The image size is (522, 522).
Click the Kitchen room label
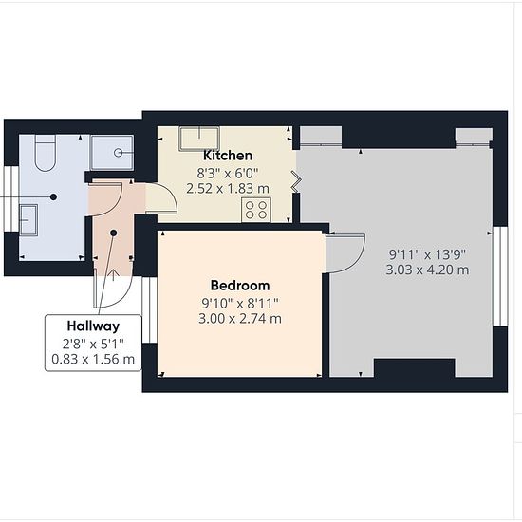pos(228,156)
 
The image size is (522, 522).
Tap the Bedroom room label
pos(240,286)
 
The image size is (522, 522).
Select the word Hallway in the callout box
pos(93,326)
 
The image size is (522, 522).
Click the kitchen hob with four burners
pos(256,210)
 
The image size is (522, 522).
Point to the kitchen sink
pos(199,139)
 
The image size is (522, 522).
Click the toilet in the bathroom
pos(46,153)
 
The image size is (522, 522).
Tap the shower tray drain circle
pos(119,153)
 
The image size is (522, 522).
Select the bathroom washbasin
pos(28,220)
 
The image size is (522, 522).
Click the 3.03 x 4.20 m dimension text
pos(427,270)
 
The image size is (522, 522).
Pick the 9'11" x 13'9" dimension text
pos(427,254)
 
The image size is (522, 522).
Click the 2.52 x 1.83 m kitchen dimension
pos(228,189)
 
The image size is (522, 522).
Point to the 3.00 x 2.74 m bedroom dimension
pos(240,319)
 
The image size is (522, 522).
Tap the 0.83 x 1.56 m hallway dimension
pos(93,359)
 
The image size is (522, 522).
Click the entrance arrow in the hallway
pos(114,274)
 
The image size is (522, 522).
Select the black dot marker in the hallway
pos(114,233)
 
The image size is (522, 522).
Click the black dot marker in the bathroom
pos(53,197)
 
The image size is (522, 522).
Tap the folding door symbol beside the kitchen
pos(296,181)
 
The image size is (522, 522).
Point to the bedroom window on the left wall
pos(149,309)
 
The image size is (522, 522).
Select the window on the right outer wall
pos(500,276)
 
